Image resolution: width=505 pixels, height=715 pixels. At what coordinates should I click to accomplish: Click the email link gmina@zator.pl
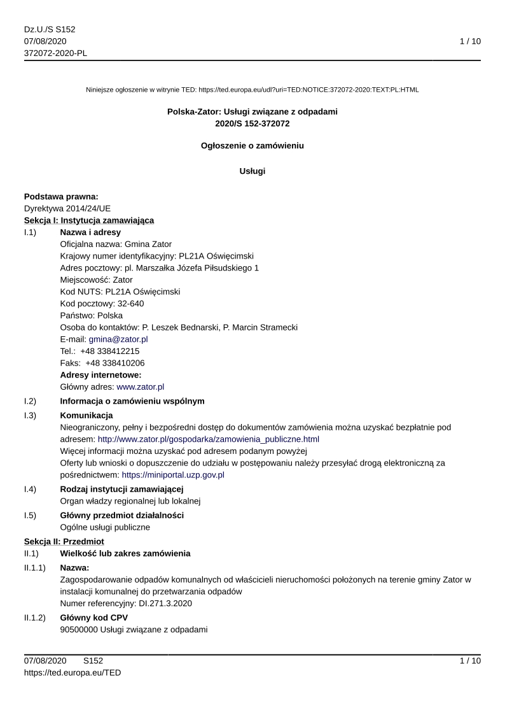[x=118, y=339]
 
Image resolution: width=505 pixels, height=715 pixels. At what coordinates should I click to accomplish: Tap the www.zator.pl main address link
[x=141, y=386]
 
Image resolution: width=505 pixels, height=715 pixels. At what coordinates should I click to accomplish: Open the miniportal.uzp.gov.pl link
[x=173, y=474]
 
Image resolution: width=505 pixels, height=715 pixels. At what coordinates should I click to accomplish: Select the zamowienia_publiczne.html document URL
[x=208, y=439]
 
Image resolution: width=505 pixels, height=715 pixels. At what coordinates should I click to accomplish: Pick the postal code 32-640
[x=130, y=304]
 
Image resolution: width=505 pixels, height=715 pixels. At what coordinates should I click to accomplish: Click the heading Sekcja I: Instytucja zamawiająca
[x=89, y=220]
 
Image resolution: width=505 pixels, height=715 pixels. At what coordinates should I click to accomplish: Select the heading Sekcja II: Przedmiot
[x=64, y=541]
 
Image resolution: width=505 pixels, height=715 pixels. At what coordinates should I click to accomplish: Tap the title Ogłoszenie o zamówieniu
[x=253, y=146]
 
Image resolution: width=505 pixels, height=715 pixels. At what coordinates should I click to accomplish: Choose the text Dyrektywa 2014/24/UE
[x=67, y=208]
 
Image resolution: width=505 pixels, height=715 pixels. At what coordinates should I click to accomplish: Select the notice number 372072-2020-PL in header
[x=55, y=53]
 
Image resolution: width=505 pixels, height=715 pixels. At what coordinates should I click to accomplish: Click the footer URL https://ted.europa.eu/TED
[x=73, y=672]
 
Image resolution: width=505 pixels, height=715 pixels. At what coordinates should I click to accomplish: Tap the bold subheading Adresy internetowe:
[x=100, y=375]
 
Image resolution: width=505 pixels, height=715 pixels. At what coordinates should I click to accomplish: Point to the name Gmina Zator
[x=148, y=244]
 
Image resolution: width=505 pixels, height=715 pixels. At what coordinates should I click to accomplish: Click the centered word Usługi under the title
[x=253, y=171]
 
